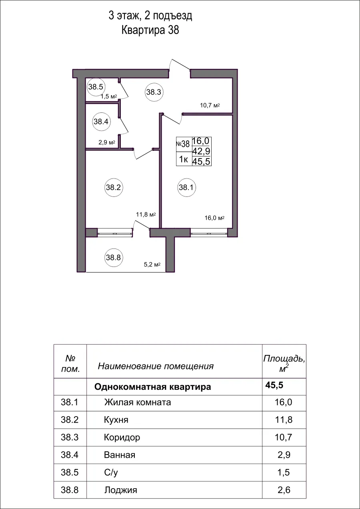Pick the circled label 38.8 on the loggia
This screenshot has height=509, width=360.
(113, 258)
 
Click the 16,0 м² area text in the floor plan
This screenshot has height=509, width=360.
(214, 218)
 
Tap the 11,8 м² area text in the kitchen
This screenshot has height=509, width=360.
(146, 214)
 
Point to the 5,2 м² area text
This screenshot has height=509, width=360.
(152, 265)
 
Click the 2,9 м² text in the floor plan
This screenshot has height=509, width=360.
(107, 142)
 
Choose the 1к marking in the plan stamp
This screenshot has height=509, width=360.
(184, 160)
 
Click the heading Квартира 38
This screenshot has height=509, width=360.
(150, 30)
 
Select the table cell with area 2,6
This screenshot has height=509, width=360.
(284, 490)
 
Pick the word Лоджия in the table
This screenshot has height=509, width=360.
(120, 490)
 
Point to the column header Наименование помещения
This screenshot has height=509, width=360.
(156, 366)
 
